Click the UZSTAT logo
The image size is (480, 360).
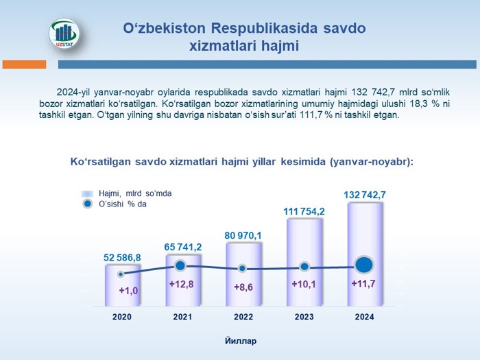click(x=64, y=34)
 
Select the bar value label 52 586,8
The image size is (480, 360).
click(x=122, y=257)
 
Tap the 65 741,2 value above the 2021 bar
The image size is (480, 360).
click(x=183, y=247)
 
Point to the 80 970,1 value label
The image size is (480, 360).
click(x=243, y=235)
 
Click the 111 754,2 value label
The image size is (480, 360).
click(x=304, y=211)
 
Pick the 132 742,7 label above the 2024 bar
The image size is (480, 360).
click(x=365, y=195)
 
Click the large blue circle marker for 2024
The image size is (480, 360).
click(x=364, y=265)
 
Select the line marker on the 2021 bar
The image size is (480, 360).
click(x=180, y=265)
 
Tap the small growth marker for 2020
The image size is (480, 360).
click(x=121, y=274)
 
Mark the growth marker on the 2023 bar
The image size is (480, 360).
click(x=304, y=267)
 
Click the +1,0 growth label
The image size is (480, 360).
click(x=128, y=290)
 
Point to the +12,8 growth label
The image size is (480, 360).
click(x=182, y=284)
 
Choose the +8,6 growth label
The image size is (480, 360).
click(x=243, y=287)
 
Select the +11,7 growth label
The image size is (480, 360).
click(x=363, y=283)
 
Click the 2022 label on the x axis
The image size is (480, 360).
click(x=243, y=317)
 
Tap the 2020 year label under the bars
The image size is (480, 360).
click(x=122, y=317)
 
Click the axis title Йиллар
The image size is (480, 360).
click(x=241, y=341)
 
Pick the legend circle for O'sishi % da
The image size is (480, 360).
click(x=88, y=204)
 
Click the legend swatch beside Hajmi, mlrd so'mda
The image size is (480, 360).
click(x=87, y=194)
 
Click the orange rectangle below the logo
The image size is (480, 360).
click(x=24, y=64)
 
